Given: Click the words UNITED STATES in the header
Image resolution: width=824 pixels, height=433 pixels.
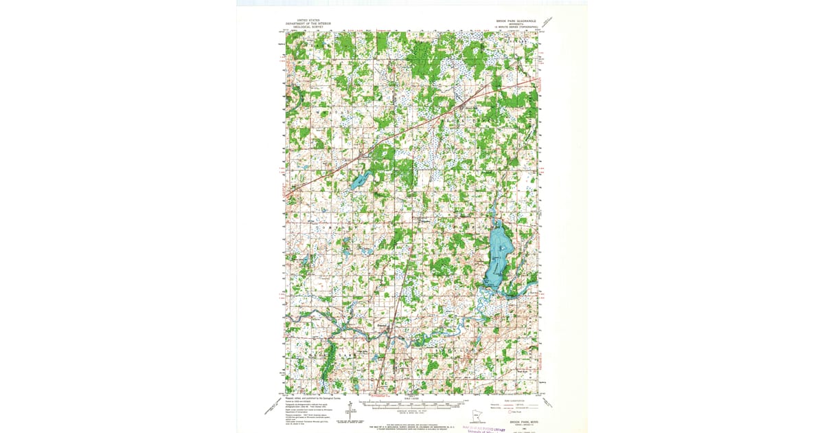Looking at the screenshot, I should click(308, 21).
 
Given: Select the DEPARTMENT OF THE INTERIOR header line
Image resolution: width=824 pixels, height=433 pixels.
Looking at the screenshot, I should click(308, 24).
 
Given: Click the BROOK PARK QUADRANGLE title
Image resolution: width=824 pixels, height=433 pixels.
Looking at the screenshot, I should click(516, 21).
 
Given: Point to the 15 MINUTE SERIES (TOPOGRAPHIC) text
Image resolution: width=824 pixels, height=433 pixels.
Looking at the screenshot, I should click(516, 27).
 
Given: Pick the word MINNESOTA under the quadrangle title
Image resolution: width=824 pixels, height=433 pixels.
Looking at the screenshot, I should click(516, 24).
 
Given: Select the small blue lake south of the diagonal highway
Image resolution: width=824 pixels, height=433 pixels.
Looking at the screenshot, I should click(358, 183).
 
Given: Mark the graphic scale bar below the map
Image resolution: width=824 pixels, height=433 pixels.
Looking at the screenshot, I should click(412, 406).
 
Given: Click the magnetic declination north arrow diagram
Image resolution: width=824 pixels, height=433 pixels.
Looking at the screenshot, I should click(350, 411).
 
